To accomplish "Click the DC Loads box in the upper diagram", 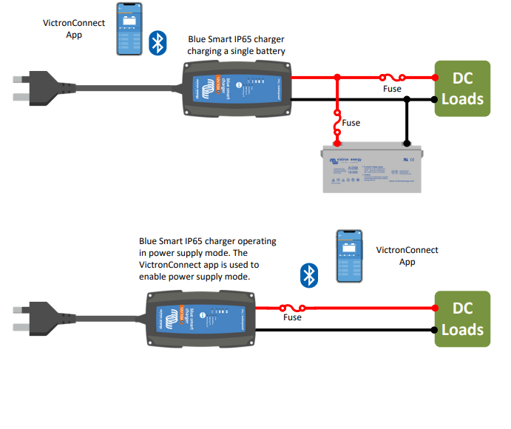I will pyautogui.click(x=462, y=88).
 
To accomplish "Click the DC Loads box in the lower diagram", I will pyautogui.click(x=462, y=319).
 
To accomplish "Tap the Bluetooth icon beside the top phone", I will pyautogui.click(x=158, y=43).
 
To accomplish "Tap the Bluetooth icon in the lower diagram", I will pyautogui.click(x=308, y=276).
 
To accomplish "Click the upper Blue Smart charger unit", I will pyautogui.click(x=236, y=88).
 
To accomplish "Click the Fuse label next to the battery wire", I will pyautogui.click(x=352, y=123).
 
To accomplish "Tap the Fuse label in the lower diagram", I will pyautogui.click(x=293, y=317).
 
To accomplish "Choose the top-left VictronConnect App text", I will pyautogui.click(x=74, y=28).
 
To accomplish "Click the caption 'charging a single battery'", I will pyautogui.click(x=237, y=51).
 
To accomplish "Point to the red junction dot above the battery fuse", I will pyautogui.click(x=338, y=76).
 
